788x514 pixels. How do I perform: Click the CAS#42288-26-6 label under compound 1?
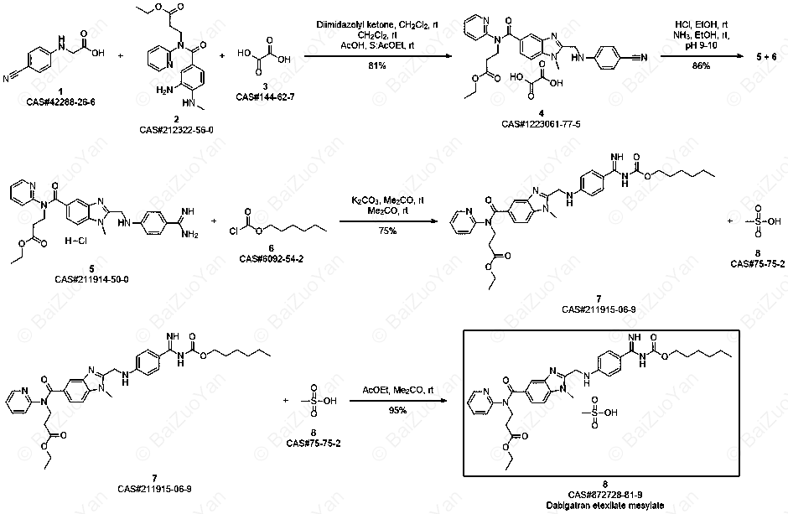61,102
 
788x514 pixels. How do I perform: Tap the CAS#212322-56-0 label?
176,130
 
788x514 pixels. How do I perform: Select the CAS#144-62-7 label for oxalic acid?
266,96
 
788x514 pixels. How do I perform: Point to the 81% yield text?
377,65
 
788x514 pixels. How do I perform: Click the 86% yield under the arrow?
701,65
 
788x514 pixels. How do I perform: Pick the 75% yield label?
387,231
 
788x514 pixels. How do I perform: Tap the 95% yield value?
397,411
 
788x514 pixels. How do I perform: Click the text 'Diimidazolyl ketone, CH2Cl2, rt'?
377,24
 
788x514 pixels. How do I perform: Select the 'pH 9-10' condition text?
701,45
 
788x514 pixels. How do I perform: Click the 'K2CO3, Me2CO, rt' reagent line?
387,200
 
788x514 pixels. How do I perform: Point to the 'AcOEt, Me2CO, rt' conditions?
397,391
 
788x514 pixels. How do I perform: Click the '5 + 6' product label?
766,57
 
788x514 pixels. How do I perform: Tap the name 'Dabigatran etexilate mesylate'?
605,505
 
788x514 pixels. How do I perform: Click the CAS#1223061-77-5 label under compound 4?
541,123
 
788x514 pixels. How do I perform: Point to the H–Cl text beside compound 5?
76,241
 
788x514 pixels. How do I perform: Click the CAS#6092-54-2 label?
272,259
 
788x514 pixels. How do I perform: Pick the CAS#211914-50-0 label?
91,279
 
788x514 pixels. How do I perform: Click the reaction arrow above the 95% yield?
397,401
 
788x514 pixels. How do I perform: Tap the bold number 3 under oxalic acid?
265,87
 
